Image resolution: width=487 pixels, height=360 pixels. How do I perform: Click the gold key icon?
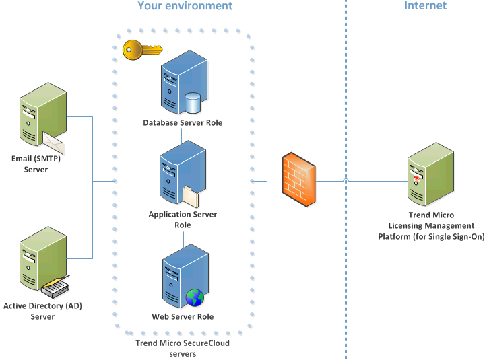coord(142,48)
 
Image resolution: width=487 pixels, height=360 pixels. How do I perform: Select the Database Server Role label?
coord(183,123)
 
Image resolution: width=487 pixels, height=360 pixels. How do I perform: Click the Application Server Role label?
coord(183,219)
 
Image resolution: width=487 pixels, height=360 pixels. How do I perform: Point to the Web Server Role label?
coord(183,316)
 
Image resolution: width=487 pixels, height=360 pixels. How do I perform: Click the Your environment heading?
coord(185,6)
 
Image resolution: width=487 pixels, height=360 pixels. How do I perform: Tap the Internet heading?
coord(425,6)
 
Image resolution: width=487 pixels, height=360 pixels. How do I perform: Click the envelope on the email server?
coord(53,141)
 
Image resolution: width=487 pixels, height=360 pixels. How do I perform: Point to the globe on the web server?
coord(195,297)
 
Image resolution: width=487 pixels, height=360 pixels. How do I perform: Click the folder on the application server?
coord(192,196)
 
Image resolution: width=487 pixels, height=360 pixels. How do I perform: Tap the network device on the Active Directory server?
coord(57,288)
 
